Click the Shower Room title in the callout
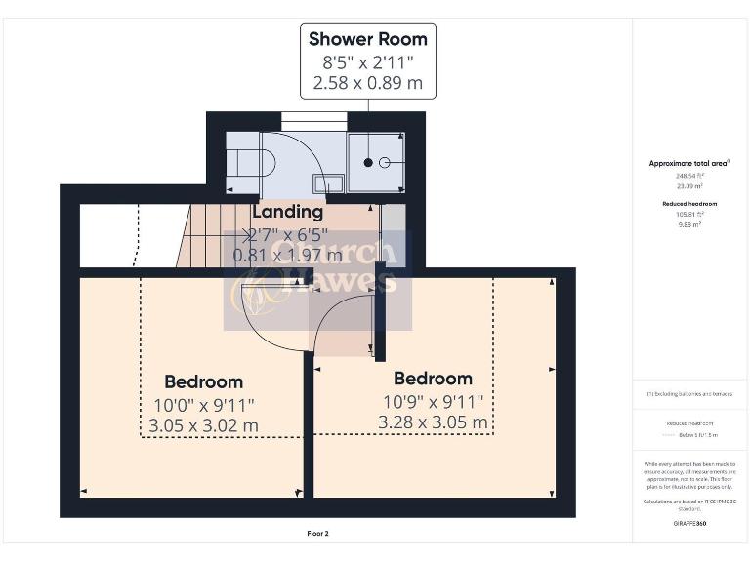coord(367,39)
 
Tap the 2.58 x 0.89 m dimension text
coord(367,83)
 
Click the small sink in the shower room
coord(328,181)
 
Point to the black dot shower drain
coord(369,162)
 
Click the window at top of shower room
coord(314,120)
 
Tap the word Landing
coord(287,212)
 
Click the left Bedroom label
coord(203,381)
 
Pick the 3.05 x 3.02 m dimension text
coord(203,425)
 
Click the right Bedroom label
coord(433,379)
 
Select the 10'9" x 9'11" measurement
coord(433,401)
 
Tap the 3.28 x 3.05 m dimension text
coord(433,422)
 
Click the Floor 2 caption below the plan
coord(317,534)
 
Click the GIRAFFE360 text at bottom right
coord(689,524)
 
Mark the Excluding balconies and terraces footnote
coord(689,394)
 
